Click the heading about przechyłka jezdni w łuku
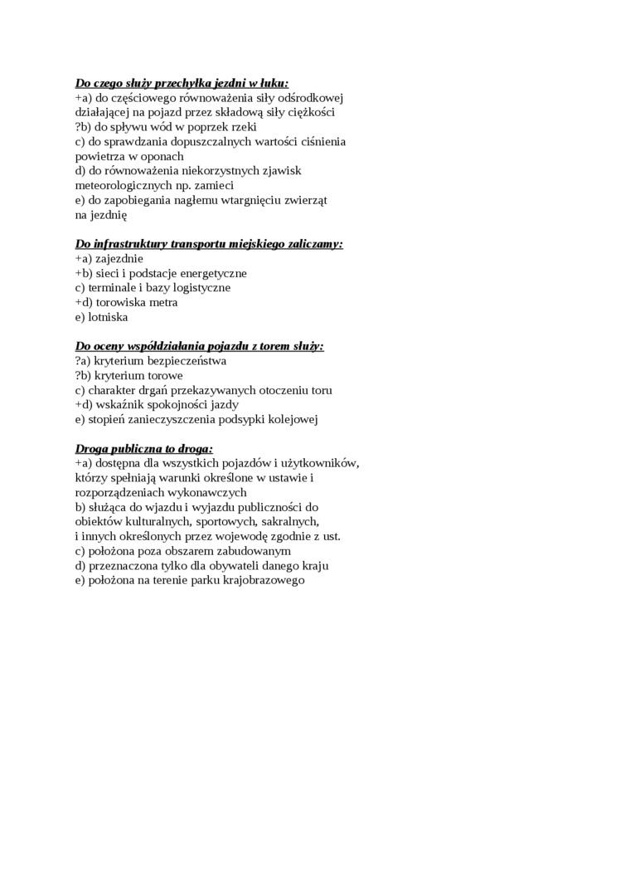[182, 83]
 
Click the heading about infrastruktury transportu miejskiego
[209, 244]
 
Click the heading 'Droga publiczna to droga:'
[144, 448]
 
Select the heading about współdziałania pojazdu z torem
[199, 346]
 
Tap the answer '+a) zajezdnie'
[109, 259]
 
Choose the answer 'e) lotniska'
[101, 317]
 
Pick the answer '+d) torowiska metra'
[126, 303]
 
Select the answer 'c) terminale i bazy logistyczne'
[153, 288]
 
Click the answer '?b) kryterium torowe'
[128, 376]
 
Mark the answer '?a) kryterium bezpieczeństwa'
[150, 361]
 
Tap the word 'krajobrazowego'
[264, 580]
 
